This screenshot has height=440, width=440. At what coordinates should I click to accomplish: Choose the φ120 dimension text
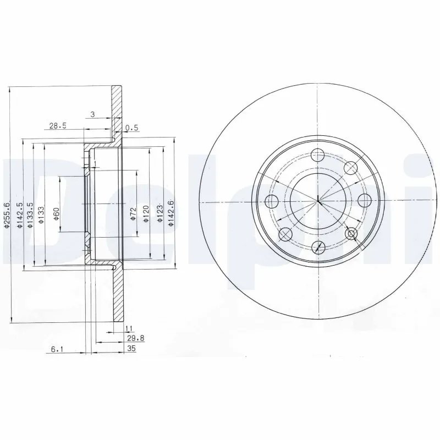click(146, 213)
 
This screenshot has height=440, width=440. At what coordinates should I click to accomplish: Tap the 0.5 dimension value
click(131, 128)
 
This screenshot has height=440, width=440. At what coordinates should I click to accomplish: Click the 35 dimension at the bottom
click(130, 349)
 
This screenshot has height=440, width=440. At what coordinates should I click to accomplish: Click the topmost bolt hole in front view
click(318, 156)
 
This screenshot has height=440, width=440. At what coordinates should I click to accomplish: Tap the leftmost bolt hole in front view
click(272, 200)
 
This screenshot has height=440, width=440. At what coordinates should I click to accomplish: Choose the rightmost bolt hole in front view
click(364, 200)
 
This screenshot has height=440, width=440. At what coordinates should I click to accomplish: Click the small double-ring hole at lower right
click(351, 235)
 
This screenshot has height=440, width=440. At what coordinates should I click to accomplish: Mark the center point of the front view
click(318, 202)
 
